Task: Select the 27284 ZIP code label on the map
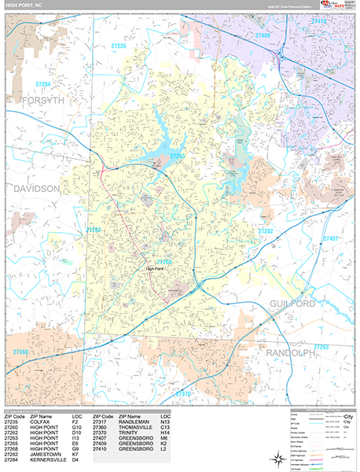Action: click(42, 84)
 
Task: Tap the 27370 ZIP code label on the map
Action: click(182, 393)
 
